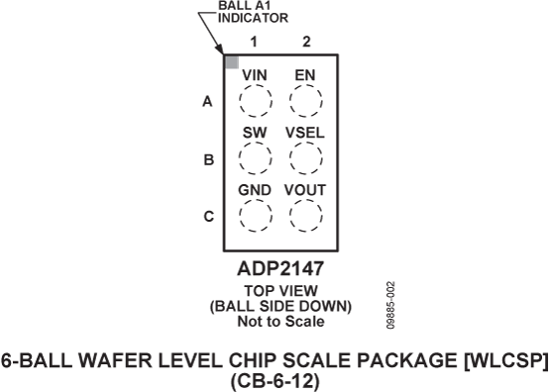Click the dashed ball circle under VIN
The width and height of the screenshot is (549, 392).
tap(256, 100)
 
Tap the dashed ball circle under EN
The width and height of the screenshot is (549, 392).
tap(305, 100)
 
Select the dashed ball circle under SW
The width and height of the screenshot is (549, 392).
tap(256, 157)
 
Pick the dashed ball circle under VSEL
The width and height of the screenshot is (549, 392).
tap(305, 157)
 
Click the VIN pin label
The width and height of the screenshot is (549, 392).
tap(255, 74)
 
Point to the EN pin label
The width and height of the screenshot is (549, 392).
tap(305, 74)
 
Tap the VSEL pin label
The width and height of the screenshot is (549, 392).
tap(305, 132)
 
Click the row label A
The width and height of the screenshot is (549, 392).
tap(207, 101)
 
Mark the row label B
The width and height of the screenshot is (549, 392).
tap(207, 158)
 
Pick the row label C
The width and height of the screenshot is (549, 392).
tap(207, 215)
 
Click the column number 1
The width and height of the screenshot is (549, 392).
tap(254, 42)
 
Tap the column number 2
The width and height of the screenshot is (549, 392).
tap(306, 42)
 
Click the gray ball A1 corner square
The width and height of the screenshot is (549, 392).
tap(231, 62)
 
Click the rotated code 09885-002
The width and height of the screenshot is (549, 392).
tap(392, 302)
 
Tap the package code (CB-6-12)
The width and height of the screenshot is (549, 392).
tap(274, 378)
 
